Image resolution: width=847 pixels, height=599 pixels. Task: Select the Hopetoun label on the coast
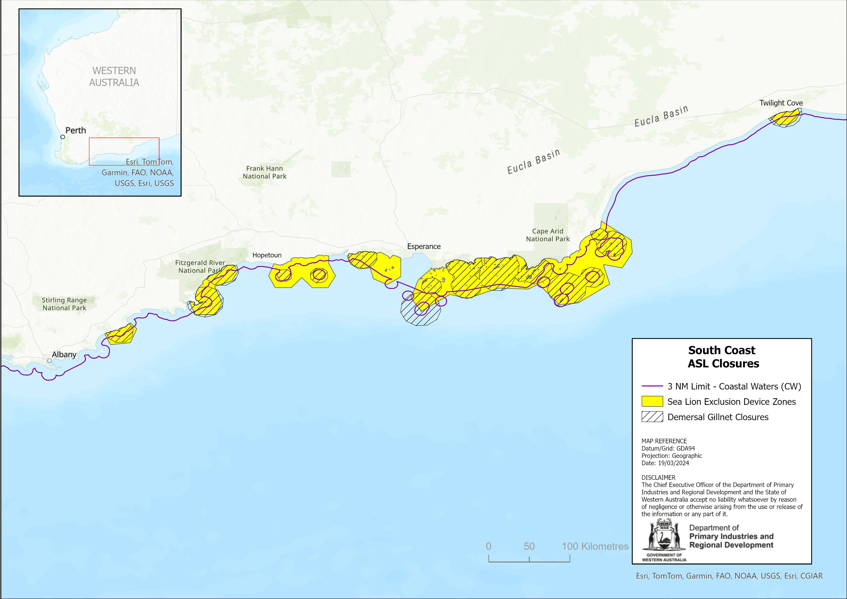pyautogui.click(x=267, y=255)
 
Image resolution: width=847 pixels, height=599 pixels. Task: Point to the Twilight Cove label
pyautogui.click(x=781, y=103)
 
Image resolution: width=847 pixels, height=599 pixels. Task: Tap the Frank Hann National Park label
pyautogui.click(x=264, y=172)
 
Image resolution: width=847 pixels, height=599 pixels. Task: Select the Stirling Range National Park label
pyautogui.click(x=64, y=304)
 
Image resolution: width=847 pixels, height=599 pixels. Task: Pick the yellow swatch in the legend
pyautogui.click(x=652, y=402)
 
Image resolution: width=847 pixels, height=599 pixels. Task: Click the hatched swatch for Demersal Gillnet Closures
pyautogui.click(x=652, y=417)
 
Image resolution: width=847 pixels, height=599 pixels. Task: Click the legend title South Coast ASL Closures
pyautogui.click(x=723, y=357)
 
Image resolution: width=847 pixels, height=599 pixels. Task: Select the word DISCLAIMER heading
pyautogui.click(x=658, y=478)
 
